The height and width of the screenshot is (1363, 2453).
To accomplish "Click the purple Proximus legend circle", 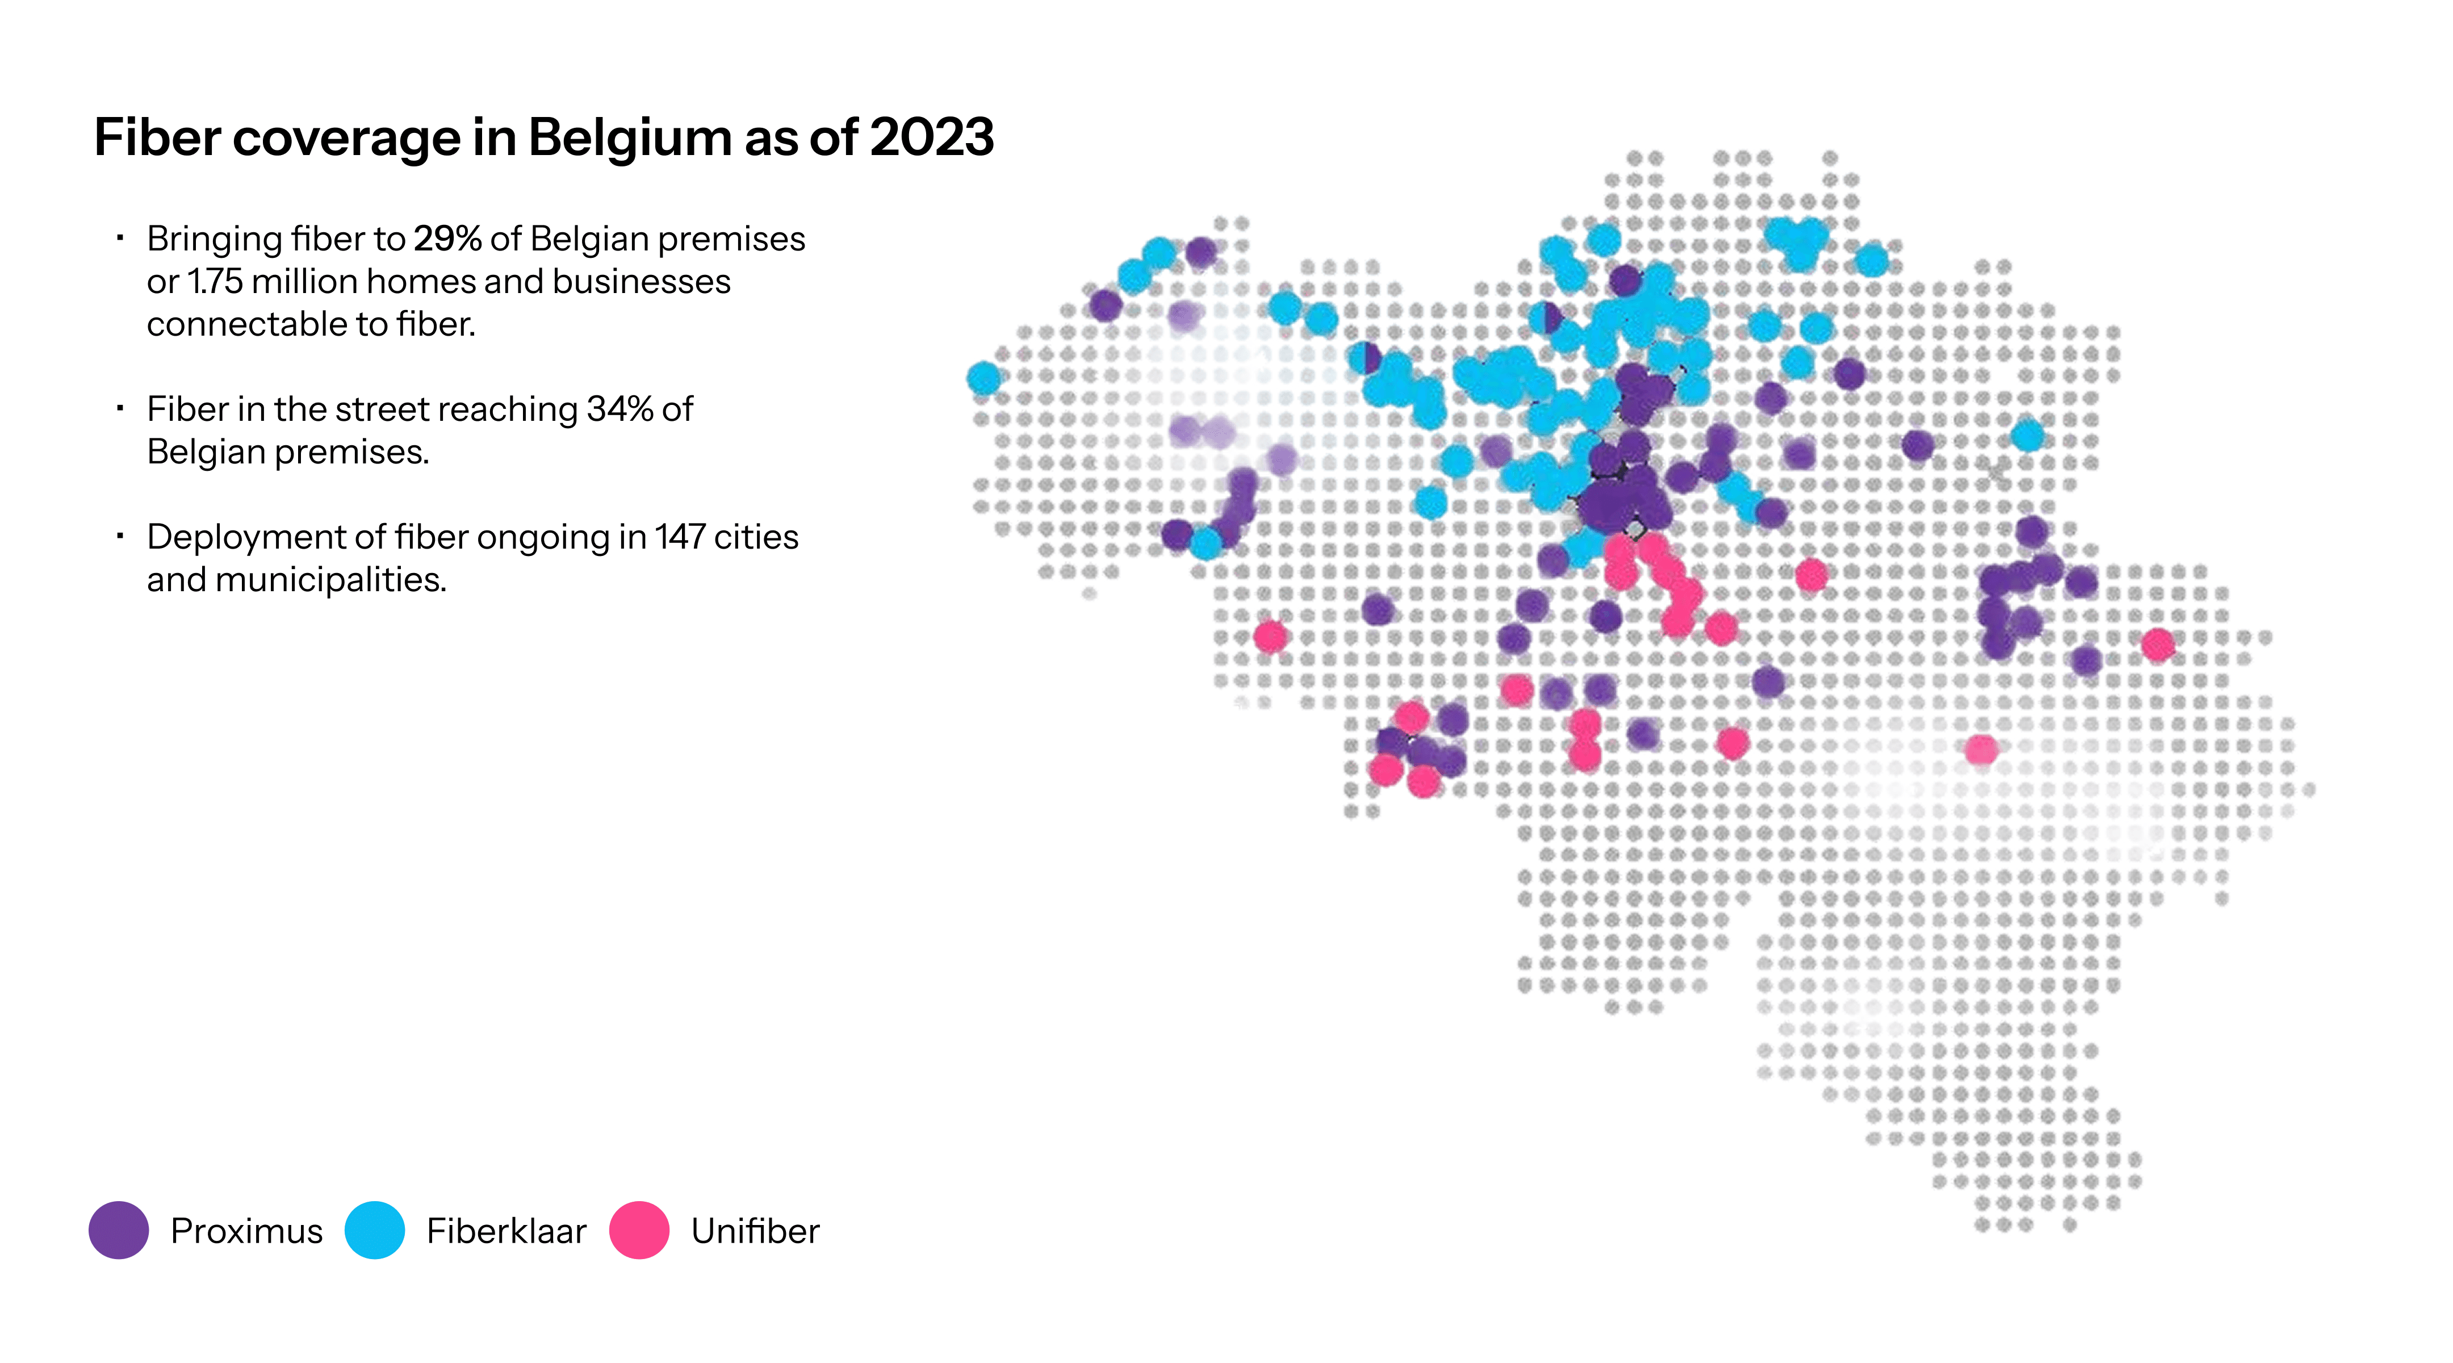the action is coord(119,1230).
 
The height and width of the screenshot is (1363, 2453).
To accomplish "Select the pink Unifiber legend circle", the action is coord(639,1230).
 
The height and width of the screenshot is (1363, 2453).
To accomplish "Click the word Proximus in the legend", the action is coord(246,1231).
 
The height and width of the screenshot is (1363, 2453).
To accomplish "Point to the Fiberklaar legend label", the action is coord(506,1231).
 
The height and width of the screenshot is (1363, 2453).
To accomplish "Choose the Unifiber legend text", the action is coord(755,1231).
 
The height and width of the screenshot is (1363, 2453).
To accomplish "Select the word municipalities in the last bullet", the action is coord(332,580).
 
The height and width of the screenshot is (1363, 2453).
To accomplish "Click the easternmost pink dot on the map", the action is coord(2158,645).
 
